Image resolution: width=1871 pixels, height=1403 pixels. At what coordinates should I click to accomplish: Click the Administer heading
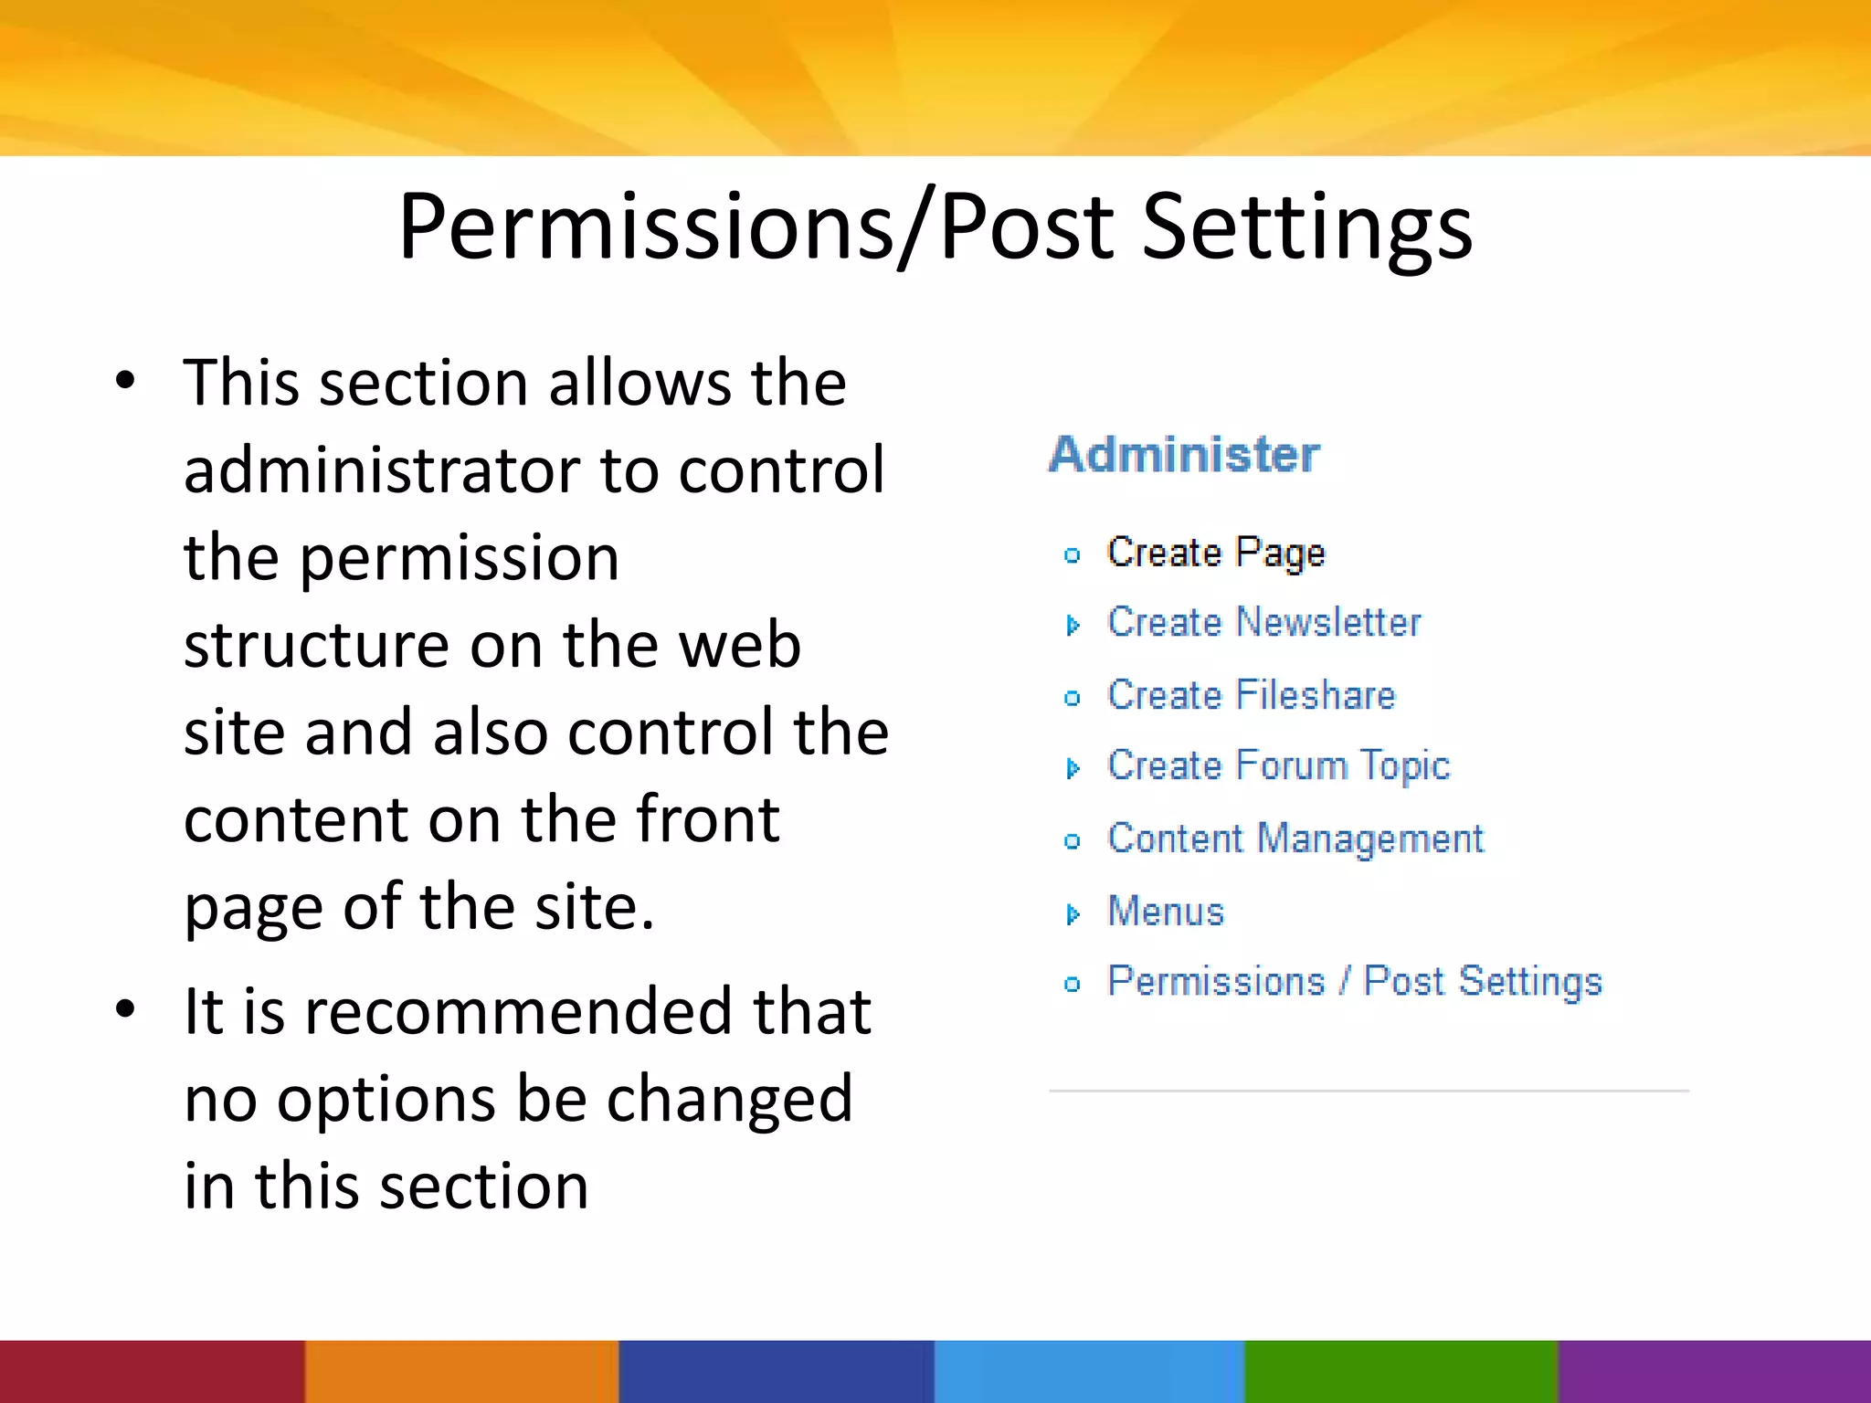coord(1184,454)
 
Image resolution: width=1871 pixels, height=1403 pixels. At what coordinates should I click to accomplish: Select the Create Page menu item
coord(1215,553)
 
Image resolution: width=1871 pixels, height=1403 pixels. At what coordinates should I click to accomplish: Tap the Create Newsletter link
coord(1263,623)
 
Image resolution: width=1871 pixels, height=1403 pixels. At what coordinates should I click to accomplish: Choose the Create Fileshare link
coord(1251,695)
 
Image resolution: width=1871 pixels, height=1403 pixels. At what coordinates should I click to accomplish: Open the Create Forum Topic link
coord(1278,766)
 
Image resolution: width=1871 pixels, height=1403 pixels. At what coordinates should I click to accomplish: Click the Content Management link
coord(1295,839)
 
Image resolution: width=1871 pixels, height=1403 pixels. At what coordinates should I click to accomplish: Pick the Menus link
coord(1165,912)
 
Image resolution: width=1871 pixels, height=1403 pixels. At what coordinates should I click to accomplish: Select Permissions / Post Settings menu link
coord(1354,982)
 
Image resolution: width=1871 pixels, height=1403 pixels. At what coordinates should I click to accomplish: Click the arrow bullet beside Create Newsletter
coord(1073,625)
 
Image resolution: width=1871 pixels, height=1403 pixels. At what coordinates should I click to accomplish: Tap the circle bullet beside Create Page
coord(1073,554)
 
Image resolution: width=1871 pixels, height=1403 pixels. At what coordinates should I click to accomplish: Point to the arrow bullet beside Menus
coord(1073,913)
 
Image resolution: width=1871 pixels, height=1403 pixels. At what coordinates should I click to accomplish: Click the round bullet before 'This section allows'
coord(125,381)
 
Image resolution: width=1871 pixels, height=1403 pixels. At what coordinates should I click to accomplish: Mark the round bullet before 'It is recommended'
coord(125,1009)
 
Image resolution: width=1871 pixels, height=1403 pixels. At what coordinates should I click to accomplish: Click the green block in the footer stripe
coord(1401,1371)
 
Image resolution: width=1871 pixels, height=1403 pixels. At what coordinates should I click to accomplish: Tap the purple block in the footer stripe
coord(1714,1371)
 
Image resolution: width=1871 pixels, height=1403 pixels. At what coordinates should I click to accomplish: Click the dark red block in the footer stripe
coord(152,1371)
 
